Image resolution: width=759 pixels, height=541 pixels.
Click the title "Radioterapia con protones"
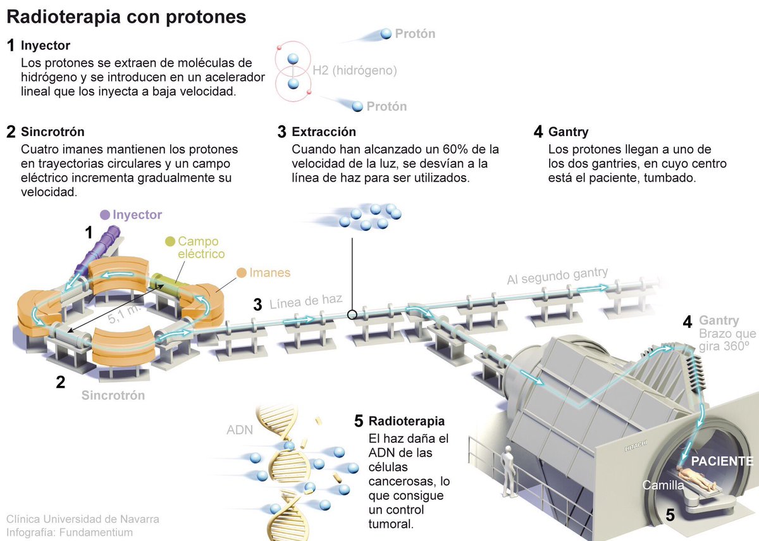tap(126, 17)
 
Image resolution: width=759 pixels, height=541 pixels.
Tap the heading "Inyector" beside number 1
tap(45, 46)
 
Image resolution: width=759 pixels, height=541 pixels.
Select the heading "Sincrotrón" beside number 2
tap(52, 132)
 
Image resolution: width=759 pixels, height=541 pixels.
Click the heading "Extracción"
tap(324, 132)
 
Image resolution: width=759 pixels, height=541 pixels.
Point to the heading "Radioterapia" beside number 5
tap(407, 421)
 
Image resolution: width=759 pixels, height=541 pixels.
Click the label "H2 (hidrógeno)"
tap(355, 70)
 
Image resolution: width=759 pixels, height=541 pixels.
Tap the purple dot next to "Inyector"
tap(105, 215)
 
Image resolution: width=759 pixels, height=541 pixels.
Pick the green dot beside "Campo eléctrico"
tap(170, 241)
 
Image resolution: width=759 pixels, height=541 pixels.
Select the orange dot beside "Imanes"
tap(242, 273)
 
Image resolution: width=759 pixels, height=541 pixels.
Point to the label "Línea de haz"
tap(305, 302)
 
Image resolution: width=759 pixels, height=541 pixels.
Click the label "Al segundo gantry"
tap(557, 277)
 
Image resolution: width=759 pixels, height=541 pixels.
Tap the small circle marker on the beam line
tap(352, 314)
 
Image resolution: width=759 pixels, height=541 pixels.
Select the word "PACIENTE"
tap(722, 461)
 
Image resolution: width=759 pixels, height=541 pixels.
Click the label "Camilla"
tap(663, 485)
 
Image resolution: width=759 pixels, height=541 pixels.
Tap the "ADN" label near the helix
tap(240, 430)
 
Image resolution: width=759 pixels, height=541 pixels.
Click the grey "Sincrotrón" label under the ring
tap(113, 395)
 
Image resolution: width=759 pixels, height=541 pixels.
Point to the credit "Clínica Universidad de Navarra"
tap(83, 519)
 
